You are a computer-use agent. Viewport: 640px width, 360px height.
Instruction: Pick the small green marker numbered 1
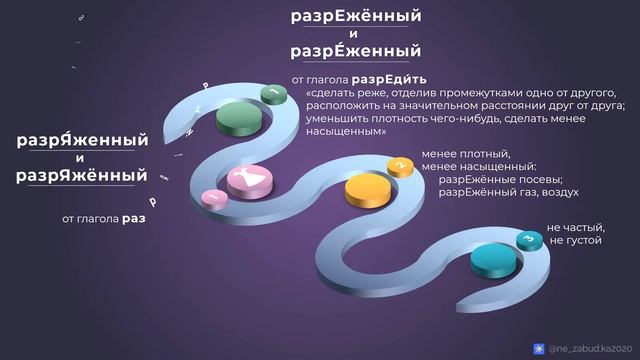pos(273,93)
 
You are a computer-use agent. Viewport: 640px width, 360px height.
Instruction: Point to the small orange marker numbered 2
pos(399,165)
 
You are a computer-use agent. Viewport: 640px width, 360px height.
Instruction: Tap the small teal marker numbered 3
pos(526,238)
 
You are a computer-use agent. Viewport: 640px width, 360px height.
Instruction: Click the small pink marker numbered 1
pos(211,198)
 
